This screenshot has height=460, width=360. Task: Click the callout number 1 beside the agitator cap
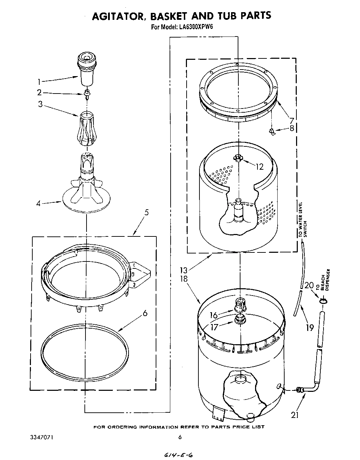[39, 82]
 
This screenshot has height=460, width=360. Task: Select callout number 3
[40, 104]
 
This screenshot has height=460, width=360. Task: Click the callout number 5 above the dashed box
[146, 212]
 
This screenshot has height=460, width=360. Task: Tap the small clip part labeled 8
[272, 131]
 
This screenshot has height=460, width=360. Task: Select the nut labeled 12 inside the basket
[238, 158]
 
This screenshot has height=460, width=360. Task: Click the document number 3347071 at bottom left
[41, 437]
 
